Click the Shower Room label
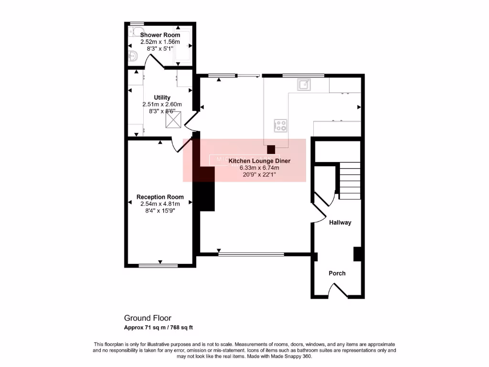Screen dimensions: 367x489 pyautogui.click(x=160, y=35)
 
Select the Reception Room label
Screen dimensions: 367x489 pyautogui.click(x=160, y=197)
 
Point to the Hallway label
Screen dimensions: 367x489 pyautogui.click(x=340, y=222)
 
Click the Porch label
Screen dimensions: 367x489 pyautogui.click(x=337, y=273)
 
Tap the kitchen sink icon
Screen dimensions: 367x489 pyautogui.click(x=304, y=85)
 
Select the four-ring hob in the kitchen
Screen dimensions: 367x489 pyautogui.click(x=280, y=125)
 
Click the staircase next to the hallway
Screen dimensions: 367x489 pyautogui.click(x=350, y=181)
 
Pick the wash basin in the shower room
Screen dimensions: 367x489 pyautogui.click(x=133, y=57)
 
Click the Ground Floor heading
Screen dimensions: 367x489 pyautogui.click(x=148, y=318)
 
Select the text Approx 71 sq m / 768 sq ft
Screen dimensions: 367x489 pyautogui.click(x=158, y=327)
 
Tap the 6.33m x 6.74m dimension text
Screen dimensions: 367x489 pyautogui.click(x=259, y=168)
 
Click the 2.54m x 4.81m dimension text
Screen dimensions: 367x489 pyautogui.click(x=160, y=204)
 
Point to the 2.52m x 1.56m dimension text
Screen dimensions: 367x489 pyautogui.click(x=160, y=42)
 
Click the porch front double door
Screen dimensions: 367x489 pyautogui.click(x=337, y=290)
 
